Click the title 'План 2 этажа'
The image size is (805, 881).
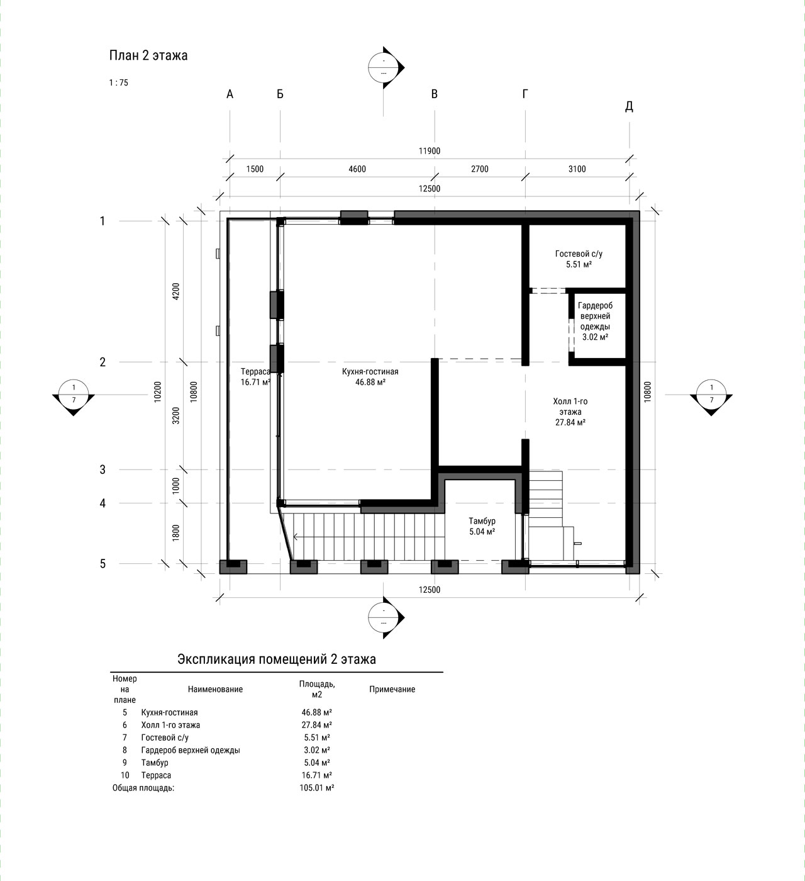point(148,56)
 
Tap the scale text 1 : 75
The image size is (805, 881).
point(118,82)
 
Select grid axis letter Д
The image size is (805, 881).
point(629,106)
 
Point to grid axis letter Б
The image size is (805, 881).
point(280,94)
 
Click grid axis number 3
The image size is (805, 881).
point(103,469)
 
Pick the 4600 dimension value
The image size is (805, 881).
point(357,169)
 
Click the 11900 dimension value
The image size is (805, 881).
point(430,151)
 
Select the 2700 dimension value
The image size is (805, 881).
point(480,169)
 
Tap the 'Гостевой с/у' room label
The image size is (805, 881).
point(579,254)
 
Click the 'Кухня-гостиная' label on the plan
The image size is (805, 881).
point(370,371)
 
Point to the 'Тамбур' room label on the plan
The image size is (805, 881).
point(482,521)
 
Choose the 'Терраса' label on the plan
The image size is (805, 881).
point(255,371)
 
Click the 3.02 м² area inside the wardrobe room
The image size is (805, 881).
point(595,337)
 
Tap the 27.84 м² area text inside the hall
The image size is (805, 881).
point(570,422)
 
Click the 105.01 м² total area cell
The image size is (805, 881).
point(317,787)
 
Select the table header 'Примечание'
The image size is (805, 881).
point(392,689)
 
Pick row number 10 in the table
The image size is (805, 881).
point(125,775)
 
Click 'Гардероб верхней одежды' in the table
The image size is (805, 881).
point(191,749)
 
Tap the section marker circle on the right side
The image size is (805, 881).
point(711,394)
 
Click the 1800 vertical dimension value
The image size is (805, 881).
point(176,533)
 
